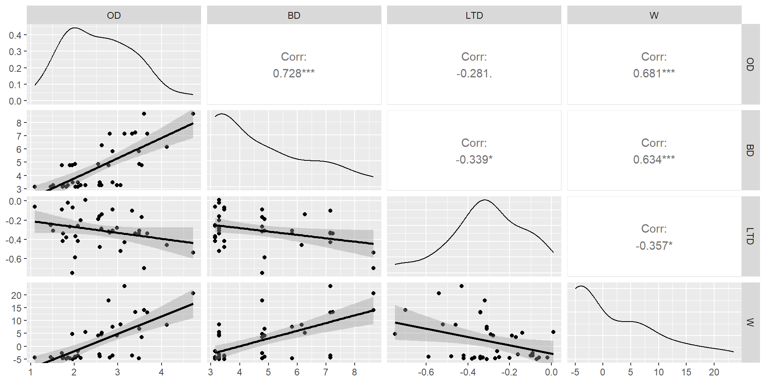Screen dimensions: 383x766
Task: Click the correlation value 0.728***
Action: [x=294, y=73]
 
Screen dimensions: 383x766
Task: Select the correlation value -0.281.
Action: [x=474, y=73]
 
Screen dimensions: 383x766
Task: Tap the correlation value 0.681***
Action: [x=654, y=73]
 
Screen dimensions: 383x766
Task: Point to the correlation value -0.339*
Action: [x=474, y=160]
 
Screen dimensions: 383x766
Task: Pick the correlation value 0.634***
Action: [x=654, y=160]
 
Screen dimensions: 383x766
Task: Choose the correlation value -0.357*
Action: [x=654, y=246]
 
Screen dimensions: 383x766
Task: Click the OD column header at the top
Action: [x=114, y=16]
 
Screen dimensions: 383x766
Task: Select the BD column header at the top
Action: [x=294, y=16]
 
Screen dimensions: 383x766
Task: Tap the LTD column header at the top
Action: [x=474, y=16]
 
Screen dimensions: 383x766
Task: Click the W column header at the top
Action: [x=654, y=16]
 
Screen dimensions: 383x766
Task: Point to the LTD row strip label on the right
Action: [x=750, y=236]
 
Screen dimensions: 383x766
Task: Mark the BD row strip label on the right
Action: [x=750, y=150]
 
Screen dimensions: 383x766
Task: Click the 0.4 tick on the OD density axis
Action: [x=15, y=35]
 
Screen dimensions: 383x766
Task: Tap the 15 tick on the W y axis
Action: [x=16, y=308]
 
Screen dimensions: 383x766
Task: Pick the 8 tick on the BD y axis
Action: [x=19, y=123]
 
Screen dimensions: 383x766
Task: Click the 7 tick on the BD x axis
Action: [x=326, y=372]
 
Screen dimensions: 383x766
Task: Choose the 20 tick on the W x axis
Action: [x=714, y=372]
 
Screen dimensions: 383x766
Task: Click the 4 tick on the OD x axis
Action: [x=161, y=372]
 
